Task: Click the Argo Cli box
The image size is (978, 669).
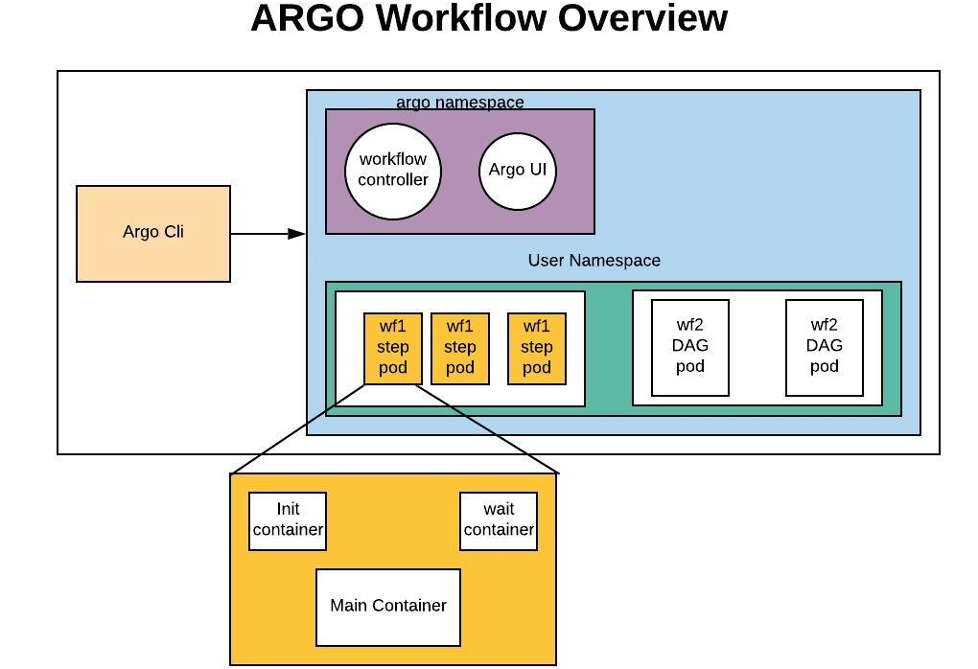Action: pos(153,233)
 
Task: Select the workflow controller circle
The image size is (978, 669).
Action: pos(393,170)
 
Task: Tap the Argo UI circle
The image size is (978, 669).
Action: pos(518,171)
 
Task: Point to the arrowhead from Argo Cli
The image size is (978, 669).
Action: pos(297,233)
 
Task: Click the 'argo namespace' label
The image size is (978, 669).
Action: pos(460,102)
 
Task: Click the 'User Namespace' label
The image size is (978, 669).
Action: pos(594,261)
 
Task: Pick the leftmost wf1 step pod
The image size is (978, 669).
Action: pos(393,348)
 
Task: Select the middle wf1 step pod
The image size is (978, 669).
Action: pos(460,348)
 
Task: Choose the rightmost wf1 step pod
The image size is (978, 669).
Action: pos(537,348)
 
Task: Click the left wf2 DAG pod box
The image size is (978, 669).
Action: pos(690,347)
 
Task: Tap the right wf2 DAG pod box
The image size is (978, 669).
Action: pos(825,347)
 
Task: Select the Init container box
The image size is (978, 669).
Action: pos(288,520)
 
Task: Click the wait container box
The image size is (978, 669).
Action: pos(499,520)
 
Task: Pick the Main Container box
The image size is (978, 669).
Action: pos(388,607)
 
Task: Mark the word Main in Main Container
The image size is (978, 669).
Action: pos(349,606)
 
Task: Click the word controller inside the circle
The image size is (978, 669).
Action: pos(393,179)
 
